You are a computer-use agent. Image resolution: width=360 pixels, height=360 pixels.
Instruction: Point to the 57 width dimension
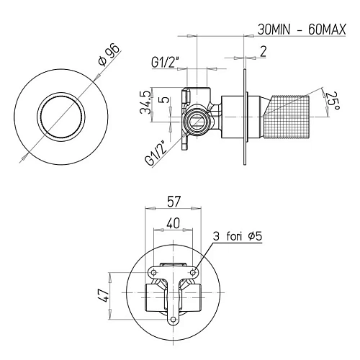(x=172, y=204)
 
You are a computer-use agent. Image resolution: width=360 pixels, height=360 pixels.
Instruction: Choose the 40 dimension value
(x=173, y=222)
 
